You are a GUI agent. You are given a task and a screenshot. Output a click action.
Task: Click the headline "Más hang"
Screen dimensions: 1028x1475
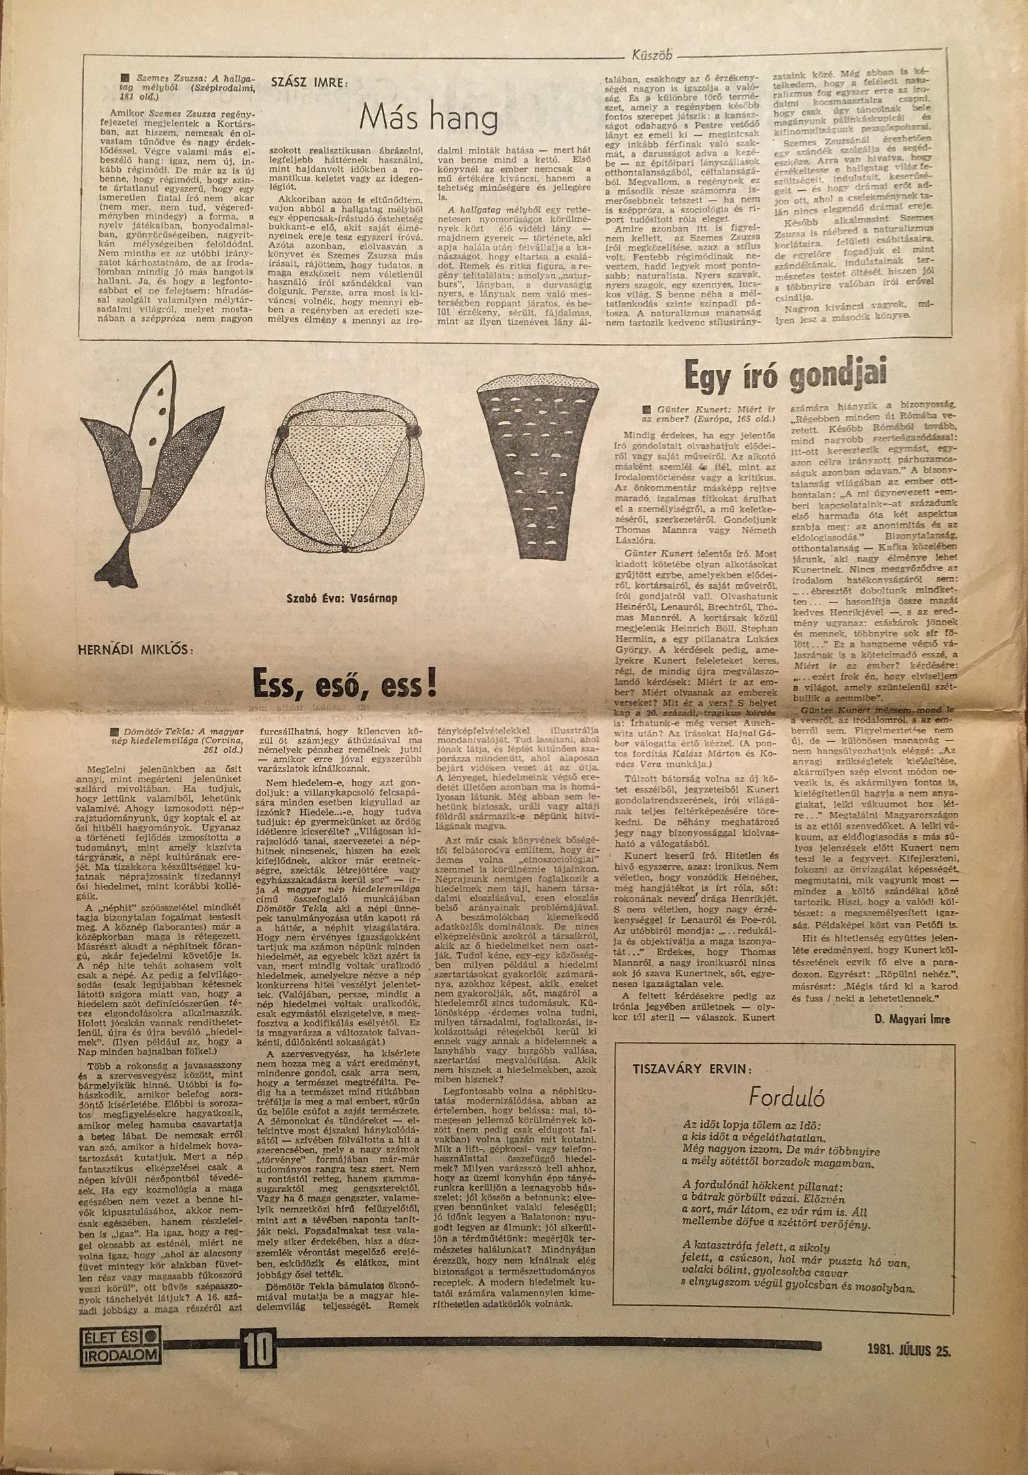429,118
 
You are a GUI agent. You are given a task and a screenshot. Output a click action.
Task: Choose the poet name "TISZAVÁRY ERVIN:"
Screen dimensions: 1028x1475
692,1070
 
